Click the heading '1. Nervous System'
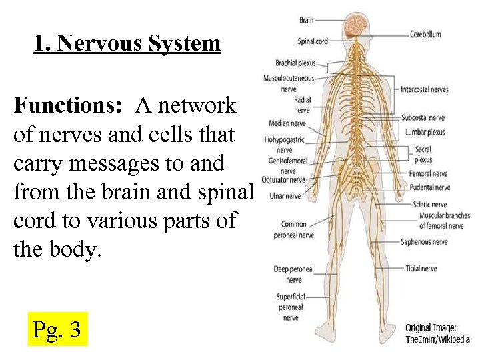[x=127, y=44]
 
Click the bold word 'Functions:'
[x=71, y=105]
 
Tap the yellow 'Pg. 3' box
[x=57, y=329]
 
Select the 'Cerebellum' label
[x=425, y=34]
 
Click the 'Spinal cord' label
[x=312, y=41]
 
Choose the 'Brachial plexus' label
[x=295, y=63]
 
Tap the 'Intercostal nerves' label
[x=425, y=89]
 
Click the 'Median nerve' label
[x=287, y=123]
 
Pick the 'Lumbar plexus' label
[x=425, y=132]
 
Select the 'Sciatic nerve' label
[x=430, y=205]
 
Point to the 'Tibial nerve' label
[x=421, y=269]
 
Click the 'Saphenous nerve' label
[x=425, y=242]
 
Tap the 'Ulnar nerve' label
[x=284, y=196]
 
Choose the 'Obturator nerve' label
[x=283, y=179]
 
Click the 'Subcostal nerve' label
[x=423, y=118]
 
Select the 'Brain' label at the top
[x=307, y=20]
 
